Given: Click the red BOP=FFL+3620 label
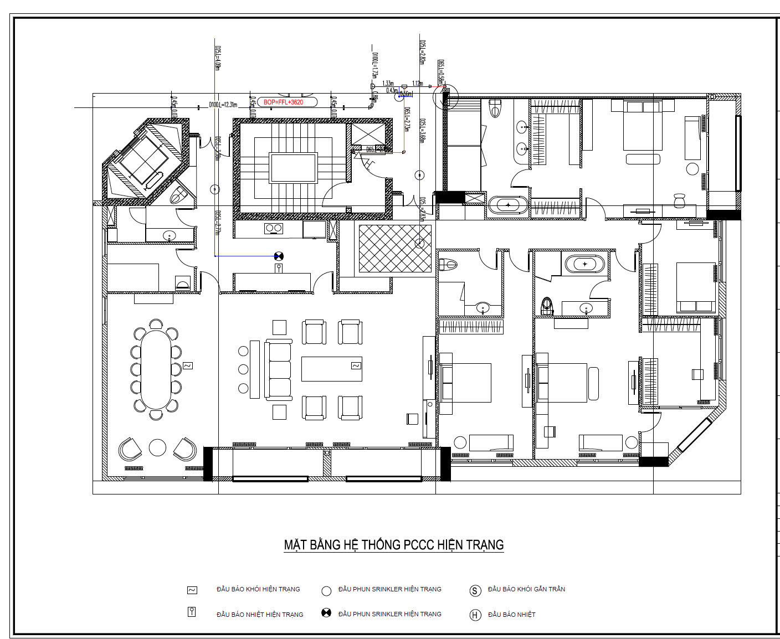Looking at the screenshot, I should [x=283, y=102].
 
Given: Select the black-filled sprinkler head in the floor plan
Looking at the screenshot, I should [x=279, y=256].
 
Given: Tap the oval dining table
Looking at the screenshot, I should [x=157, y=369].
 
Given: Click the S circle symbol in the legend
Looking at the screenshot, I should [x=475, y=591].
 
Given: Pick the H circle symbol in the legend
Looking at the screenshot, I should [x=475, y=615].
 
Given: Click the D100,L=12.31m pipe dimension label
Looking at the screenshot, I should [x=223, y=105].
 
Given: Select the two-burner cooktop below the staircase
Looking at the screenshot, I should [x=273, y=228].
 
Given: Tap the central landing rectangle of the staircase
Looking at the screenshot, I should [x=293, y=168].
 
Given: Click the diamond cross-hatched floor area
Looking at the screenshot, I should [x=394, y=248].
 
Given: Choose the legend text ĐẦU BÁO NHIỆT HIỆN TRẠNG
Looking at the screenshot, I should [x=260, y=615].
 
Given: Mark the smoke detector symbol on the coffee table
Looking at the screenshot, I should [x=355, y=366].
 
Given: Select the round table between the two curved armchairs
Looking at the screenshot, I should [x=158, y=447].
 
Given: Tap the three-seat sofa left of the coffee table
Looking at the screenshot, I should [x=279, y=369].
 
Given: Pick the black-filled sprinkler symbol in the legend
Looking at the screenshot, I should [x=326, y=613].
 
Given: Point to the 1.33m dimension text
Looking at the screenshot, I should [x=388, y=83].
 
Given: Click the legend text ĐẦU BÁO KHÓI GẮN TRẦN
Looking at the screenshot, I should [x=526, y=589].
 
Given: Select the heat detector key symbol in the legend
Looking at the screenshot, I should [x=192, y=612].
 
